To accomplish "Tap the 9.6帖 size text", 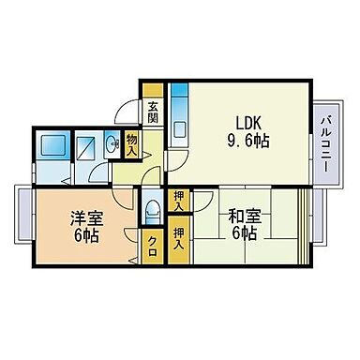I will pyautogui.click(x=248, y=141).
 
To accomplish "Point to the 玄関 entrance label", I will pyautogui.click(x=153, y=112).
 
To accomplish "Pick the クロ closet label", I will pyautogui.click(x=152, y=242).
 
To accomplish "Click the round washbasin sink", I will pyautogui.click(x=112, y=143).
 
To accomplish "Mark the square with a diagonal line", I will pyautogui.click(x=85, y=149).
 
